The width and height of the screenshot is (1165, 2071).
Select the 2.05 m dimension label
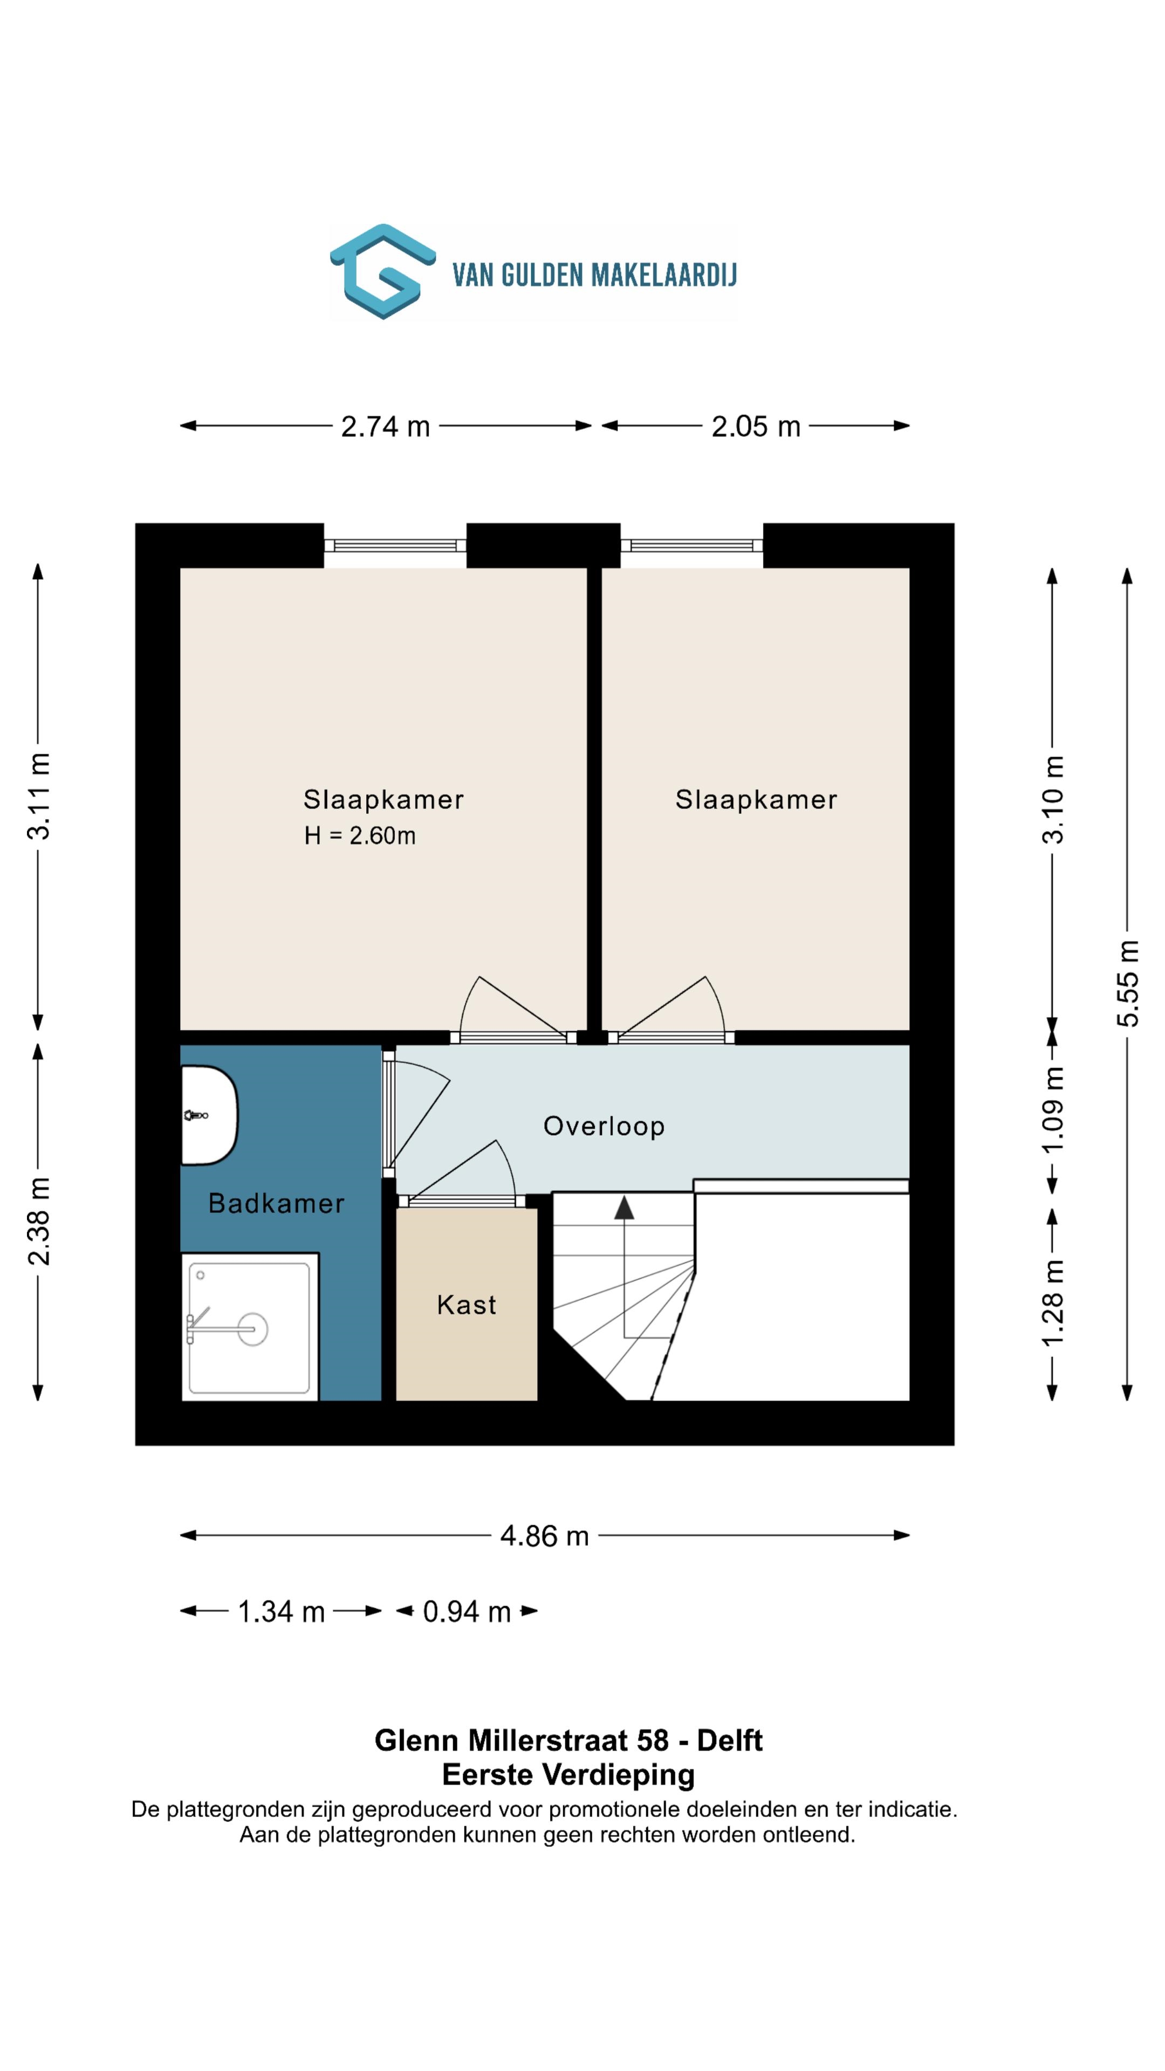tap(756, 426)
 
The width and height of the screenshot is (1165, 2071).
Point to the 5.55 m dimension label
tap(1127, 983)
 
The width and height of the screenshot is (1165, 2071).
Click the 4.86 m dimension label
tap(544, 1535)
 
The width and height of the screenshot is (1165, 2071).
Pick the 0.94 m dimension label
tap(467, 1611)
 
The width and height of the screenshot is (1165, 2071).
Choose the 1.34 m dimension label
tap(282, 1611)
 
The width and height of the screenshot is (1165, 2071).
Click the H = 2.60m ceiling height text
tap(359, 836)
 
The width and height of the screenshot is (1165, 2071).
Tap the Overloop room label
tap(604, 1126)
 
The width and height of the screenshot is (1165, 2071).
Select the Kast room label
tap(467, 1304)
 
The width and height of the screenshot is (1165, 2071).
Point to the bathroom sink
tap(209, 1115)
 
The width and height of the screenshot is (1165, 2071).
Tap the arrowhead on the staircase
tap(624, 1207)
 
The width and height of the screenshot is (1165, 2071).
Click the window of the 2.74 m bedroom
tap(395, 545)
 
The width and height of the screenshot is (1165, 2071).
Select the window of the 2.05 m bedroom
tap(691, 545)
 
